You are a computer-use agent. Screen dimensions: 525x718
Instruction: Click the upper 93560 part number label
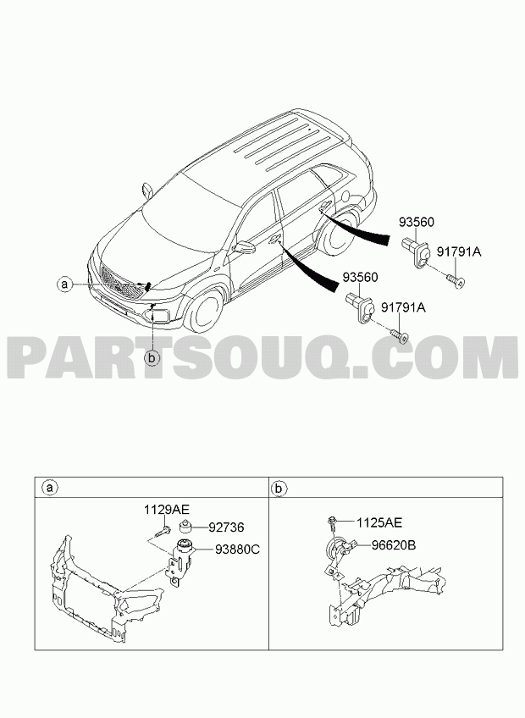[x=416, y=223]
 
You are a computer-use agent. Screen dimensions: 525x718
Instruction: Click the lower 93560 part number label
[x=361, y=278]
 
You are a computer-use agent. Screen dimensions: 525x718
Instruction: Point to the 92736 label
[x=226, y=527]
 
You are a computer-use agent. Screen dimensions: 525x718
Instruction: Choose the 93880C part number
[x=237, y=549]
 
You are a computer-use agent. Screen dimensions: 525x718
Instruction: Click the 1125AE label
[x=379, y=522]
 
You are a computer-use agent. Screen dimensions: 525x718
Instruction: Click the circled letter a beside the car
[x=64, y=284]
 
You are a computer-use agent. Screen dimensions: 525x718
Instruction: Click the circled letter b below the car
[x=152, y=357]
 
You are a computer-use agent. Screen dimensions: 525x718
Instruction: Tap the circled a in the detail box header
[x=49, y=489]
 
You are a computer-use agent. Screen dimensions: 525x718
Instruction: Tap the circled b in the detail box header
[x=278, y=489]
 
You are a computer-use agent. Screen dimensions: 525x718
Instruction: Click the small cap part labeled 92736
[x=185, y=527]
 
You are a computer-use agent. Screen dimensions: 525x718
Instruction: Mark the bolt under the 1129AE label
[x=164, y=531]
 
